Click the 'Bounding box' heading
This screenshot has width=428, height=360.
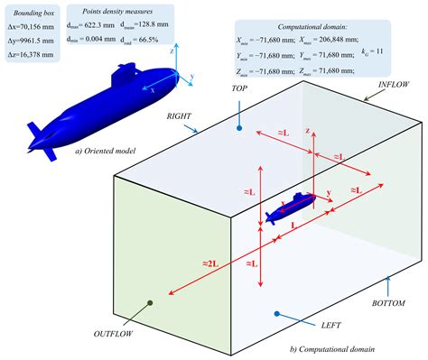33,15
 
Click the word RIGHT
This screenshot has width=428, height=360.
176,116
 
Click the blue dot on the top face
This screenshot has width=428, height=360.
238,128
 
